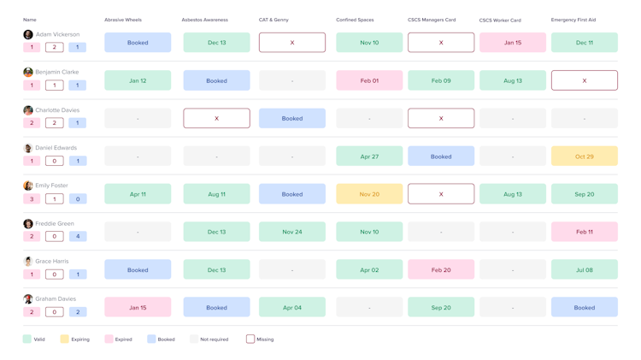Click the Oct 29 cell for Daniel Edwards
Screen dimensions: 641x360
(585, 156)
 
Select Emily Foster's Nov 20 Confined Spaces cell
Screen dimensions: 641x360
(369, 194)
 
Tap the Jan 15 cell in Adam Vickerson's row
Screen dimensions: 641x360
(513, 43)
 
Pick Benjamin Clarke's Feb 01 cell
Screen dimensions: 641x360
(369, 80)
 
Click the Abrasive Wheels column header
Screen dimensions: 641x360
(123, 20)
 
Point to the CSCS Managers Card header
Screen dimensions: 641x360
(432, 20)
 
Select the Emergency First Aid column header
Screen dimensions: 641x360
(573, 20)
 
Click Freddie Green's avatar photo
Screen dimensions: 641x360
(28, 223)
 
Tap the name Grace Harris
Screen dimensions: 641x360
(52, 261)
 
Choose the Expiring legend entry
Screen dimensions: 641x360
(75, 339)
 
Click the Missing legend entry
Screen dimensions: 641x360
(260, 339)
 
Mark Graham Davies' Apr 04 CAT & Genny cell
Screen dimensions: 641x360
(292, 307)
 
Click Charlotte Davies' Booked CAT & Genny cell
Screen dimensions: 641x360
(292, 118)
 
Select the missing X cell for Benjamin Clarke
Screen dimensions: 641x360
(585, 80)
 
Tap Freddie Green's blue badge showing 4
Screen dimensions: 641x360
(78, 236)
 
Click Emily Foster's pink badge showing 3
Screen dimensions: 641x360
(32, 199)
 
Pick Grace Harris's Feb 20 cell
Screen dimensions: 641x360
(441, 269)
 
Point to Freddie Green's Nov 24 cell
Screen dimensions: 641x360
(292, 232)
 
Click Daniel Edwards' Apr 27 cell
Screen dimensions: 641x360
(369, 156)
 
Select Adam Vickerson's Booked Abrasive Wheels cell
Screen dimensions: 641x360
(138, 43)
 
